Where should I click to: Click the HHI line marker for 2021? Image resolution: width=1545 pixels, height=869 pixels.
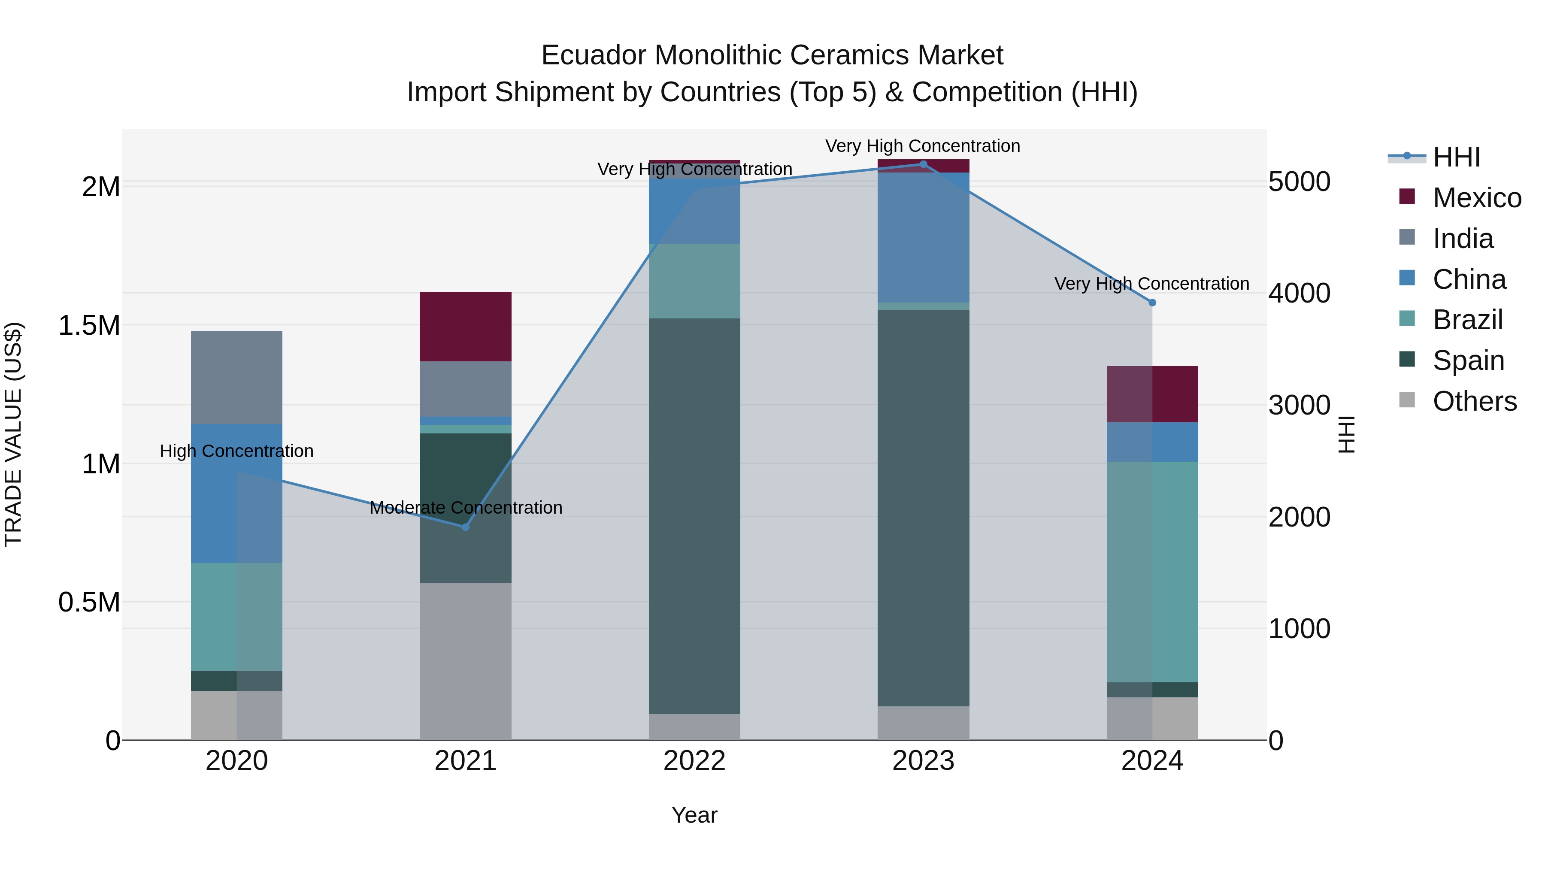coord(465,527)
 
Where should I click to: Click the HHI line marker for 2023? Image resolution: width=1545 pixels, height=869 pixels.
coord(923,164)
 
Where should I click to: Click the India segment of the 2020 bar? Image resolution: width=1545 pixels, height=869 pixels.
coord(236,377)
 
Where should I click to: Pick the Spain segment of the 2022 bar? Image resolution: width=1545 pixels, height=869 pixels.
coord(694,516)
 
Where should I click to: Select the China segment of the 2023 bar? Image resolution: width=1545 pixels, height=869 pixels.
coord(923,237)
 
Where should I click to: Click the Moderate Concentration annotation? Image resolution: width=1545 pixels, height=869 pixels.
coord(465,508)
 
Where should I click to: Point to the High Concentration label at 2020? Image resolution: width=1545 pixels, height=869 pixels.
coord(236,451)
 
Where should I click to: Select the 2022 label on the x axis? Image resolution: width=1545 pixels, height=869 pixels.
coord(694,761)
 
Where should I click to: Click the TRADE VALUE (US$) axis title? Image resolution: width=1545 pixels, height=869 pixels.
coord(13,434)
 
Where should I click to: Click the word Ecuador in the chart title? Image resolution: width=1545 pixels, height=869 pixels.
coord(594,55)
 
